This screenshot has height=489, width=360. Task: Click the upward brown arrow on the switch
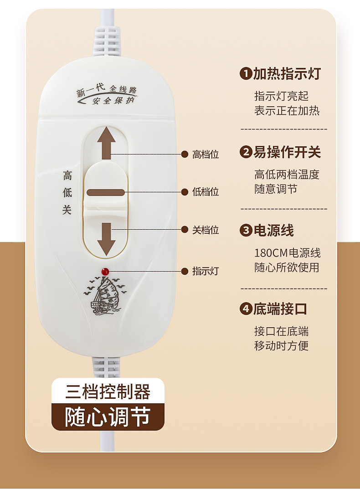[x=106, y=142]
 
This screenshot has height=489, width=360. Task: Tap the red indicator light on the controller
[x=105, y=272]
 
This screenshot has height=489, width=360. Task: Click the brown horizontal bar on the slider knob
[x=106, y=192]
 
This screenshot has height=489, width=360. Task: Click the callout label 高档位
[x=206, y=154]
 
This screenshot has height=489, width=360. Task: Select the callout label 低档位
[x=206, y=192]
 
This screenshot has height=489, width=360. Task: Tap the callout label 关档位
[x=206, y=230]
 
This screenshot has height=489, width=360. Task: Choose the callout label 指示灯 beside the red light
[x=206, y=272]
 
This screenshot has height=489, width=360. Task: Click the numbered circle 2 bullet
[x=246, y=152]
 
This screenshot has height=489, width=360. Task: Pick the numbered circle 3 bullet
[x=246, y=231]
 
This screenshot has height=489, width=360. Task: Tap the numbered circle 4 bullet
[x=246, y=309]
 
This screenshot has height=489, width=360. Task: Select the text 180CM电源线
[x=288, y=253]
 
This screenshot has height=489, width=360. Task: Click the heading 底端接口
[x=280, y=309]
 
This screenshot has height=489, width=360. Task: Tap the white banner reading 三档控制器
[x=108, y=391]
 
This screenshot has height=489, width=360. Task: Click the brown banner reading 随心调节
[x=108, y=417]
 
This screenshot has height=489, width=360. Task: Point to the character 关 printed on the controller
[x=67, y=210]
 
